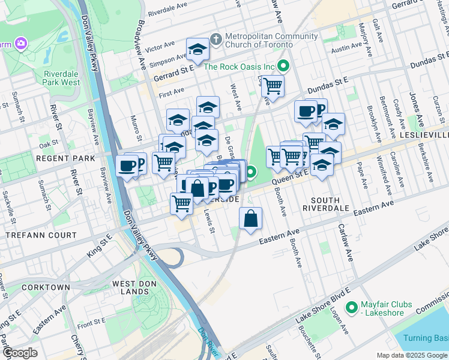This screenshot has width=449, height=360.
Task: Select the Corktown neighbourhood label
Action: [46, 287]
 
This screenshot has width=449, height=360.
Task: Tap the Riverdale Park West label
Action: [62, 78]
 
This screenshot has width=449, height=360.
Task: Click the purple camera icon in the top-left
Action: [22, 44]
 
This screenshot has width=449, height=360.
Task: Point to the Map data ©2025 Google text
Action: [411, 355]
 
